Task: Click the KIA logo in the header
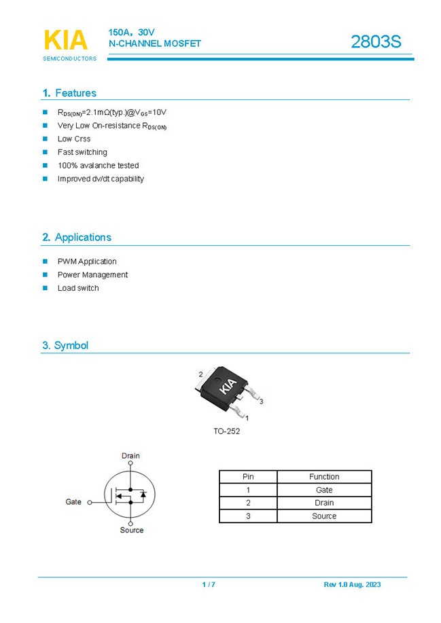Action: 66,41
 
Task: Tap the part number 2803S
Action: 376,42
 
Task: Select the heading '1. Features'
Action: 69,93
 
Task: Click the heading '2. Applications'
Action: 76,237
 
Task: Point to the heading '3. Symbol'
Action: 65,345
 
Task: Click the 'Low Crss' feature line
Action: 74,139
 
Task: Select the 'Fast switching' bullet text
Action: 82,152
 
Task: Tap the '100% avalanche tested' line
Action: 98,166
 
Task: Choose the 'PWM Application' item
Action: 87,262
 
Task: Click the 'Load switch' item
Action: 78,288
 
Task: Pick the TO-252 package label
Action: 226,431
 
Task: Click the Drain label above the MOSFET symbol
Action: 130,456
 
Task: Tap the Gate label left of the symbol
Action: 73,502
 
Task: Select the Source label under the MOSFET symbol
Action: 132,530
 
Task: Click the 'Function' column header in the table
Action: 324,477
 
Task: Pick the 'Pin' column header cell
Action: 248,477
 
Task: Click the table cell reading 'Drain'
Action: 324,503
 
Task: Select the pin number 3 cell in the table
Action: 248,516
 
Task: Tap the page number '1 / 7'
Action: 209,585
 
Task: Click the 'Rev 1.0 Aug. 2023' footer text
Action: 352,585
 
